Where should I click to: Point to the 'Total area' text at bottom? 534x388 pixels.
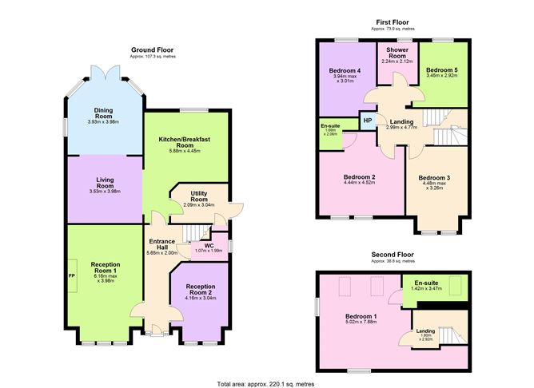point(266,384)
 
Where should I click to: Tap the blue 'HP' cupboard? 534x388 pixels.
point(367,121)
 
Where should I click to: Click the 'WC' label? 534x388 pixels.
point(209,245)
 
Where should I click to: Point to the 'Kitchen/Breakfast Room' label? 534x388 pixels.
point(184,143)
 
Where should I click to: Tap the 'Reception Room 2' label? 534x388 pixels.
point(199,289)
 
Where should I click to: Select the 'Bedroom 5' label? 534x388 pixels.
point(441,70)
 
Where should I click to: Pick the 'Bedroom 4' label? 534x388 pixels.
point(345,70)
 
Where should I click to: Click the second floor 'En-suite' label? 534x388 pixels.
point(424,282)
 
